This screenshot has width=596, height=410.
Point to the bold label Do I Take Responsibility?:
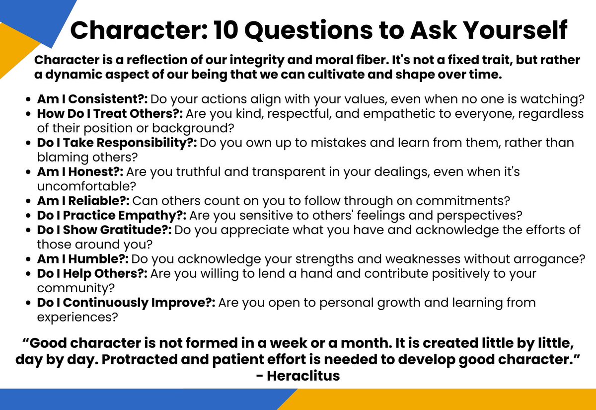[117, 143]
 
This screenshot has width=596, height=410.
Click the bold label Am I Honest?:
[80, 172]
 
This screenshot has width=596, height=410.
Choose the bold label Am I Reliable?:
[83, 201]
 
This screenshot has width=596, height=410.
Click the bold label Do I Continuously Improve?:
[126, 302]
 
